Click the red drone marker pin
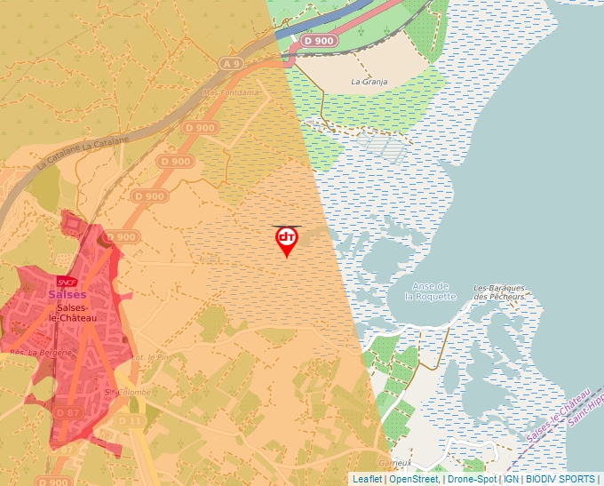286,239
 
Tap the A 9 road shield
232,64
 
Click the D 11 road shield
131,420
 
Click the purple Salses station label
68,295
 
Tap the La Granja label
369,81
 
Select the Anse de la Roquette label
431,291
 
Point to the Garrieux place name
395,463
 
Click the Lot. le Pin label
149,357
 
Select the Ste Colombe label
123,391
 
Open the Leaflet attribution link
367,479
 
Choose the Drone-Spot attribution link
472,479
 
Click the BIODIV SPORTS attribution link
560,479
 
